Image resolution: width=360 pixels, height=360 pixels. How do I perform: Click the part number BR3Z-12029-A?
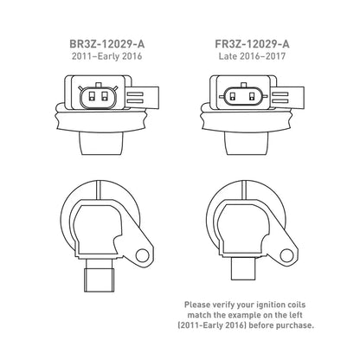point(107,44)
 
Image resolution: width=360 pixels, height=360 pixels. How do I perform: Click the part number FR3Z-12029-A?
point(252,44)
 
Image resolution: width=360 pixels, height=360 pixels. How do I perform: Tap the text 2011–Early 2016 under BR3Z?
point(107,56)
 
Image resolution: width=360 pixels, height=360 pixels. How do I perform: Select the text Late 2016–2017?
point(252,56)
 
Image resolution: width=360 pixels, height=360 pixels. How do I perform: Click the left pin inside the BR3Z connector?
point(92,96)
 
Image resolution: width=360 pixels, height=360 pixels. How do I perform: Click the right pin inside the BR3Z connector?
point(105,96)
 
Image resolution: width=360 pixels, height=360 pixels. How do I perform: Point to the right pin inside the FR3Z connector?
point(253,96)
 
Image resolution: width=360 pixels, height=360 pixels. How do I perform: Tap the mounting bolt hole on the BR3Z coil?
point(142,255)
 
